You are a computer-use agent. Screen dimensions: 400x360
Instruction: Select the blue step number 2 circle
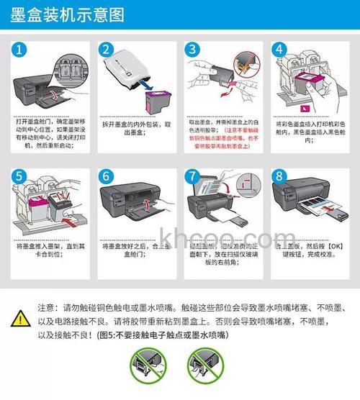[107, 50]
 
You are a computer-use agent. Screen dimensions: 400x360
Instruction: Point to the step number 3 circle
[192, 50]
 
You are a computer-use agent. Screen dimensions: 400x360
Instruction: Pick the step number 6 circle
[107, 177]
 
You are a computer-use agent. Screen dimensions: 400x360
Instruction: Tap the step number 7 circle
[192, 177]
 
